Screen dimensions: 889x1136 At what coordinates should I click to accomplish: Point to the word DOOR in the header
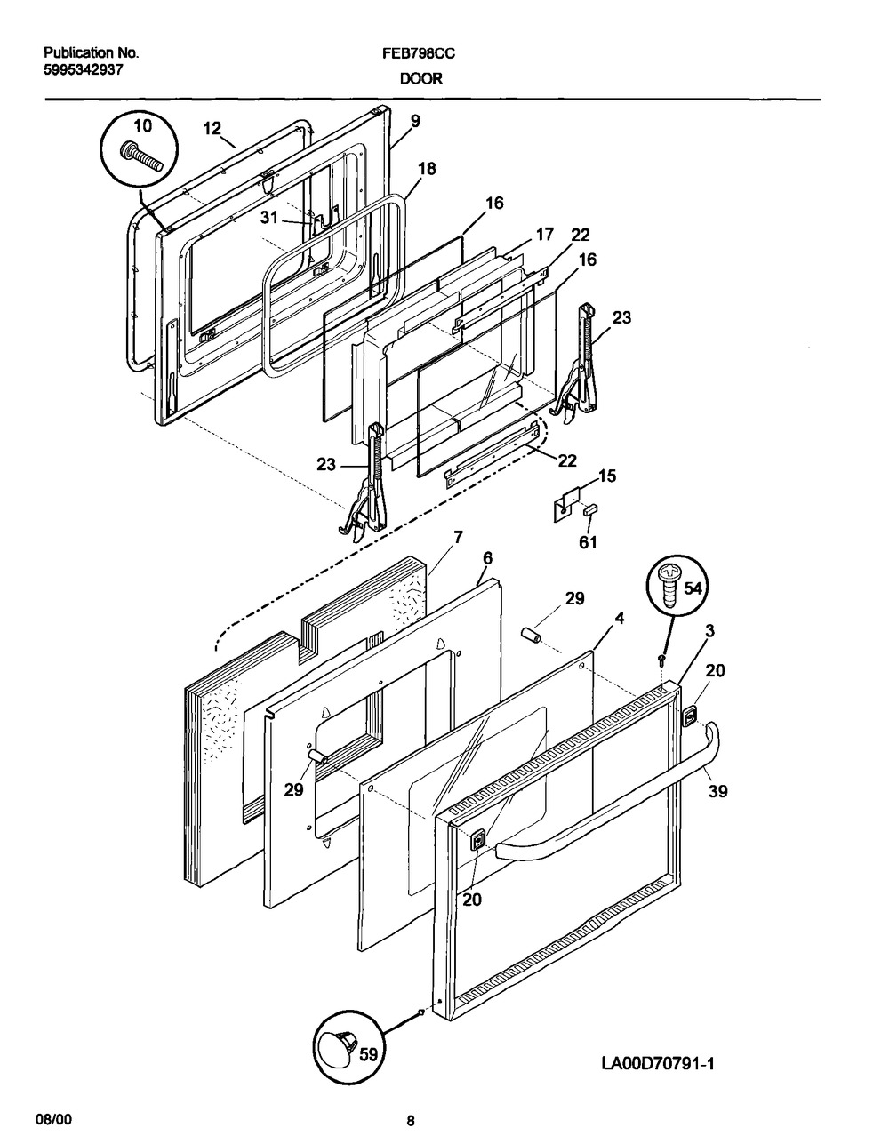(x=421, y=79)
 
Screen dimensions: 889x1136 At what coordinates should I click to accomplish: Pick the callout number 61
(x=588, y=542)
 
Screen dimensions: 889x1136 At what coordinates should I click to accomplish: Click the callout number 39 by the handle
(x=718, y=791)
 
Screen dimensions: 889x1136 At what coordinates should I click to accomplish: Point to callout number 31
(x=269, y=217)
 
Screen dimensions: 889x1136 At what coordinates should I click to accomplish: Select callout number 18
(x=427, y=169)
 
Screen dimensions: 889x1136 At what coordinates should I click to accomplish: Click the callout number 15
(x=607, y=476)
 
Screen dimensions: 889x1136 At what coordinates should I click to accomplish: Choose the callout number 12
(x=212, y=128)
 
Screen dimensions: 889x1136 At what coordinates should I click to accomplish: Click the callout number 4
(x=620, y=619)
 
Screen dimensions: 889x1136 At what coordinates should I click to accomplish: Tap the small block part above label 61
(x=590, y=509)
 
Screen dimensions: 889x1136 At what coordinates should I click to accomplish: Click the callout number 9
(x=415, y=121)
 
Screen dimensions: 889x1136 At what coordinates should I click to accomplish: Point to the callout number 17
(x=544, y=235)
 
